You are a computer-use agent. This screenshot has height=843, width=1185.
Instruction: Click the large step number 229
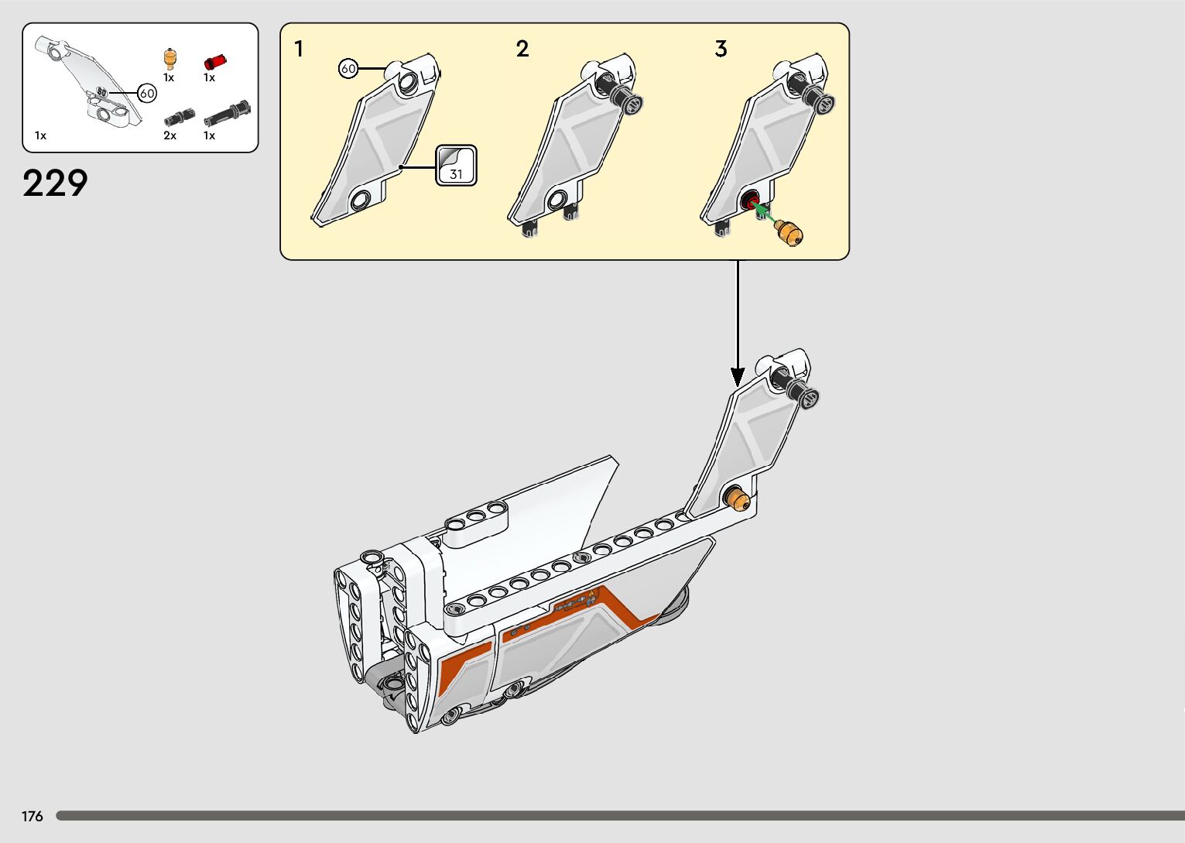tap(55, 183)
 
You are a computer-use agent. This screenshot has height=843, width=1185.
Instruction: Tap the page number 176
tap(33, 816)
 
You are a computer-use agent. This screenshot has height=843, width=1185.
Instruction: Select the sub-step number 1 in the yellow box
tap(299, 50)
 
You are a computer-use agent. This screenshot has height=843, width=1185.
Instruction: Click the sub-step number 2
tap(522, 50)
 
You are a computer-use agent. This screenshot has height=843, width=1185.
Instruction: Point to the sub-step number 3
tap(721, 50)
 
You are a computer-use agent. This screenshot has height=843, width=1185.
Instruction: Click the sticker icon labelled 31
tap(456, 166)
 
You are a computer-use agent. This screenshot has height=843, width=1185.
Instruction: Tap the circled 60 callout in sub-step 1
tap(348, 69)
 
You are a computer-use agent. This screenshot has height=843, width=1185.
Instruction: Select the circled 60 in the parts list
tap(147, 94)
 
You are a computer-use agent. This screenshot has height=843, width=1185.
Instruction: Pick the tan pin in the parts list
tap(170, 59)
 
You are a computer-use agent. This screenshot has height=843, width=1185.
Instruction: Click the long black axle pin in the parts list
tap(227, 115)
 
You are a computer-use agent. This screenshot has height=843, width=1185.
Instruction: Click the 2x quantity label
tap(170, 135)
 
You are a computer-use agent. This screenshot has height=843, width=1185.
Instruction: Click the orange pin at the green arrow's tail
tap(789, 231)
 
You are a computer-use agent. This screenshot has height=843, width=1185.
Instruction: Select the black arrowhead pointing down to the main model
tap(738, 377)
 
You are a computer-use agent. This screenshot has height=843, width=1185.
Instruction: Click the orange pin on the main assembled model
tap(738, 499)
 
